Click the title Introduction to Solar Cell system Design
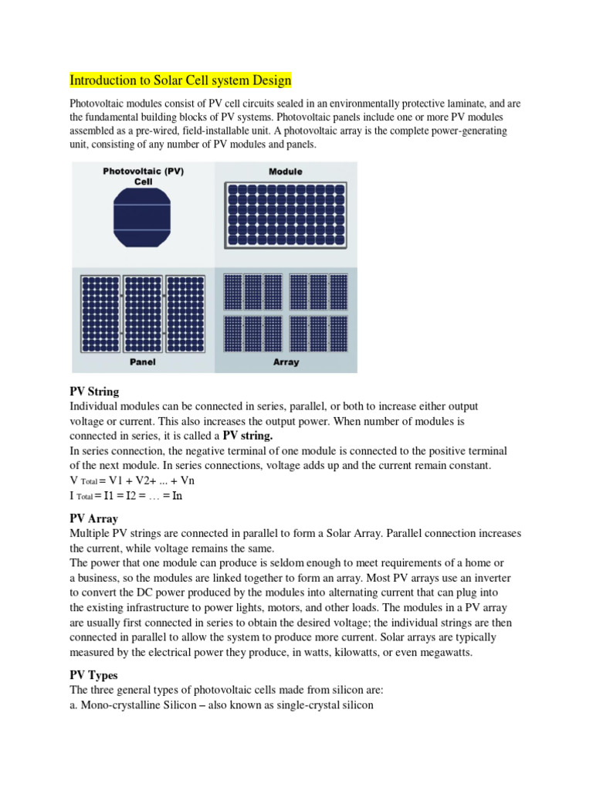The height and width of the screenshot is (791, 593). [181, 80]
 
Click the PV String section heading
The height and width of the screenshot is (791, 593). [94, 392]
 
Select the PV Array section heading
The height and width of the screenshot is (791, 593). [93, 518]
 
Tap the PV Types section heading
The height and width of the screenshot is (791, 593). [93, 675]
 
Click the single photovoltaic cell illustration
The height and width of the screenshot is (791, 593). [144, 219]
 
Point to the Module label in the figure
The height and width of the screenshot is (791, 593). [286, 171]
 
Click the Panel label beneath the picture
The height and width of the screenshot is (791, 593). [144, 362]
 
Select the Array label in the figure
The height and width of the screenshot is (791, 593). [286, 362]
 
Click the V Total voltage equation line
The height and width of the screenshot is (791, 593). [127, 480]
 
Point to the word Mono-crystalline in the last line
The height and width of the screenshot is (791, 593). [122, 704]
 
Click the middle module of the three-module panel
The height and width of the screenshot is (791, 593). [144, 311]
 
